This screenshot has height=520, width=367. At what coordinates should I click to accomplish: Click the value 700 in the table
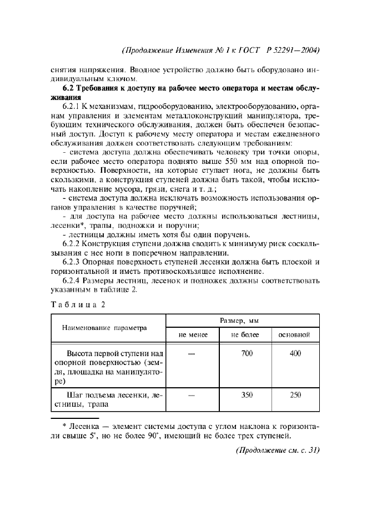coord(247,353)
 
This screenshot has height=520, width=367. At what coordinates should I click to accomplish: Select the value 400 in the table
coord(295,353)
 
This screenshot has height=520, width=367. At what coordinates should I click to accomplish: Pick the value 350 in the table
coord(247,395)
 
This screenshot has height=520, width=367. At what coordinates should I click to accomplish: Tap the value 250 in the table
coord(295,395)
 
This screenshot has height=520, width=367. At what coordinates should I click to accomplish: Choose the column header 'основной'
coord(294,335)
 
